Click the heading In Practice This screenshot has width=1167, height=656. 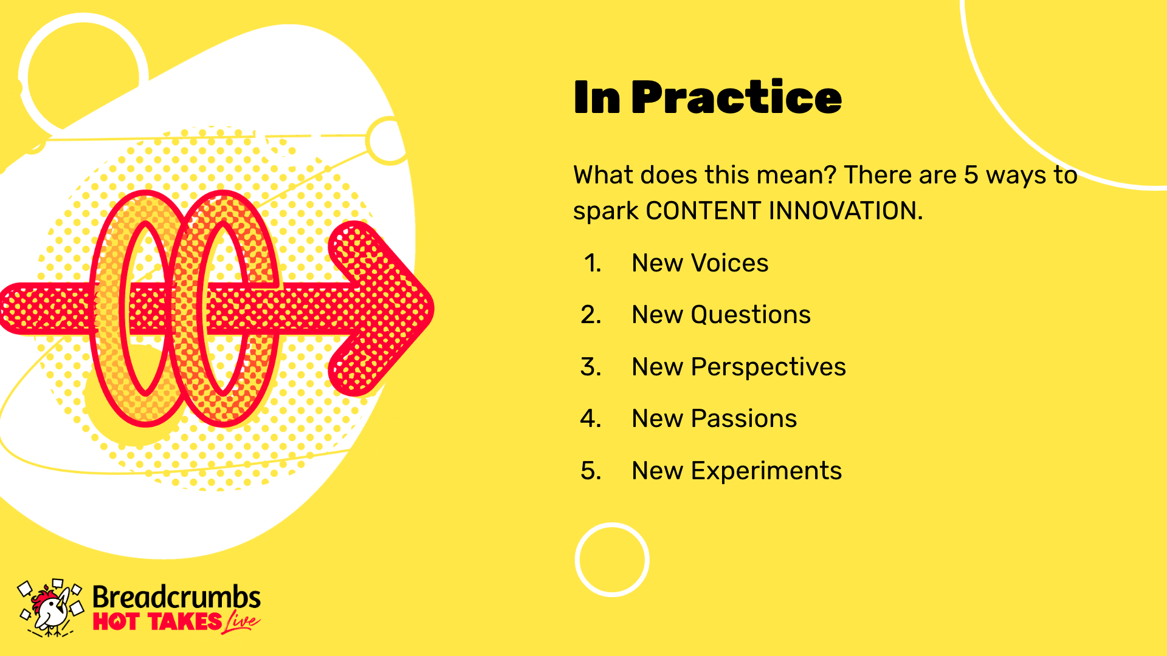[707, 97]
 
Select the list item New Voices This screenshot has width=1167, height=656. [700, 263]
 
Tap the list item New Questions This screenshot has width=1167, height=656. [721, 315]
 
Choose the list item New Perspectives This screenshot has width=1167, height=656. [739, 367]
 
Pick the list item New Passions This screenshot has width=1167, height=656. [714, 419]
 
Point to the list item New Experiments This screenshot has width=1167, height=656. [737, 471]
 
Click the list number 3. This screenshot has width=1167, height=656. [591, 367]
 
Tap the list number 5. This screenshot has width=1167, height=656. [591, 471]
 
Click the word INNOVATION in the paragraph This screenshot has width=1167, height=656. [845, 211]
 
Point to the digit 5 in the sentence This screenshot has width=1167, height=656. [971, 175]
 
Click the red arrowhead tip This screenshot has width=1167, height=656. [433, 308]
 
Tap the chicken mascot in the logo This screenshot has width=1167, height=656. [50, 609]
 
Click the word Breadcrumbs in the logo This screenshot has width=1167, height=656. [176, 597]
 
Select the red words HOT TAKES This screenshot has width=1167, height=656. [157, 622]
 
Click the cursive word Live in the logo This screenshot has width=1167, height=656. [242, 622]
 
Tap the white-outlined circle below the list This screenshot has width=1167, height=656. [612, 525]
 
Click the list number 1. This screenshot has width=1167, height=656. [593, 263]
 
